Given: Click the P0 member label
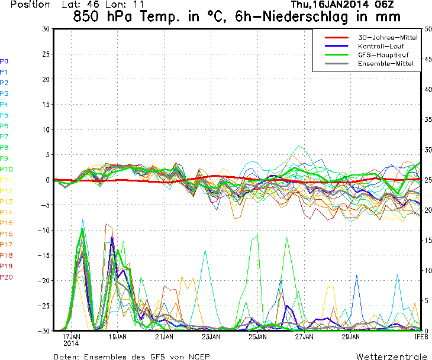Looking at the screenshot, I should [4, 61].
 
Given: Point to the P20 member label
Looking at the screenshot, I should [7, 277].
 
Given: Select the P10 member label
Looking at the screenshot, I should [7, 169].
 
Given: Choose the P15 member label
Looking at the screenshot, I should [7, 223].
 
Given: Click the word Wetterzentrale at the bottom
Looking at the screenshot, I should [392, 357].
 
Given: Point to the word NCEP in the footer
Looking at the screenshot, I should [196, 357].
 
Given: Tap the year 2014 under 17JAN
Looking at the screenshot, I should [72, 343].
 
